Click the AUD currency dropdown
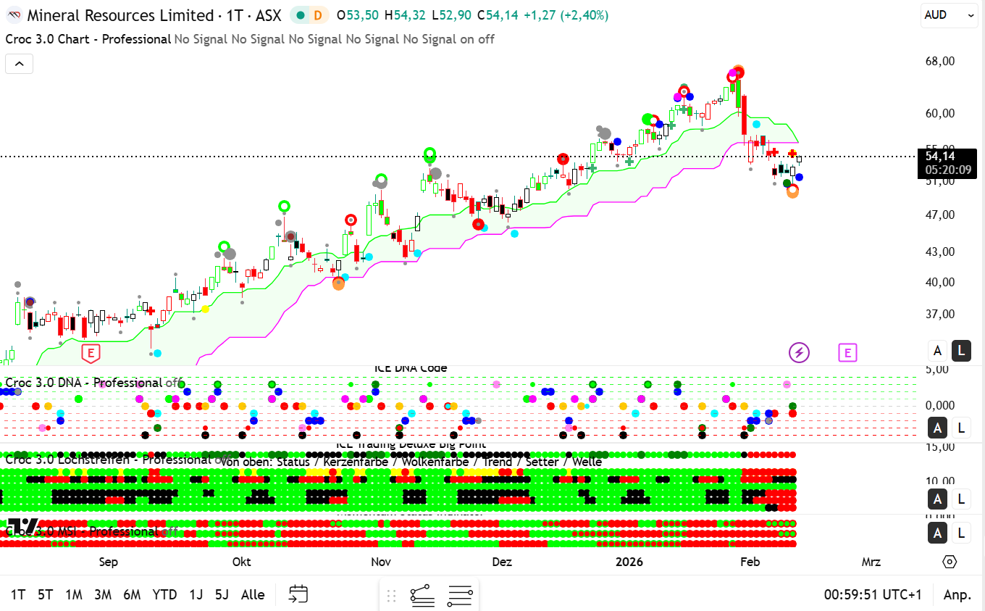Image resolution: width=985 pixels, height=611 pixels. [x=948, y=14]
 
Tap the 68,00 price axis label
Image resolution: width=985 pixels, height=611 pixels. [x=939, y=61]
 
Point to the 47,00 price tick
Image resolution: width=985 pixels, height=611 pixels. [x=939, y=215]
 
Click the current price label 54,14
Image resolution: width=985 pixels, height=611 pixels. [x=939, y=156]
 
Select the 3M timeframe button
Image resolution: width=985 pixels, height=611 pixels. [x=103, y=595]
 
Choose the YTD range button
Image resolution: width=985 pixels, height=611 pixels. [x=164, y=595]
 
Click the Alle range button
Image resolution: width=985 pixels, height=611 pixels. [x=253, y=595]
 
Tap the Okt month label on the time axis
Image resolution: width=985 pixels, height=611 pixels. [x=241, y=562]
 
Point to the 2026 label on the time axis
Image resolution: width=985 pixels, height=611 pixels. [x=629, y=562]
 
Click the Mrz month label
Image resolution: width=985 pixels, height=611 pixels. [x=871, y=562]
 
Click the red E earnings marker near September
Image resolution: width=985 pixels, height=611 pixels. [x=91, y=354]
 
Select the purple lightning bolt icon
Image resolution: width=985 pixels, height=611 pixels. [x=799, y=353]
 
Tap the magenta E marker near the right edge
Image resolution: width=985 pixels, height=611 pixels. [x=847, y=353]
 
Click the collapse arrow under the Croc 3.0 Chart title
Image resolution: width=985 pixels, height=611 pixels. [x=19, y=64]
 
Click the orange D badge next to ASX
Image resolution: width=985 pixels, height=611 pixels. [x=317, y=15]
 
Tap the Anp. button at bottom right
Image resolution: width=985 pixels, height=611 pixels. [x=957, y=595]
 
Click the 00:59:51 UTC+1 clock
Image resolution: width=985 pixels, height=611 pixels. [x=873, y=595]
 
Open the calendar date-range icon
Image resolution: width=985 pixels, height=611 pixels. [x=298, y=595]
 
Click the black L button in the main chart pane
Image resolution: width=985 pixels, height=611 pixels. [x=961, y=351]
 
